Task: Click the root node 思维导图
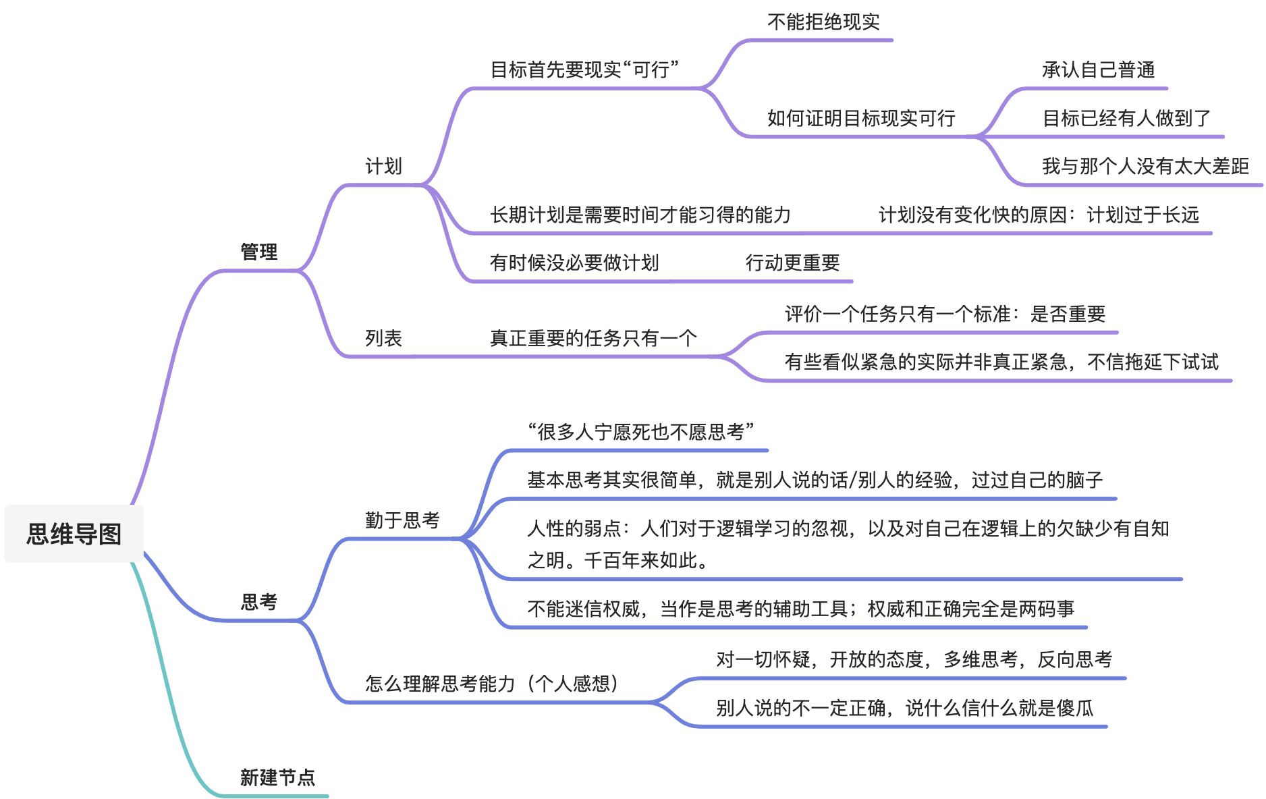74,534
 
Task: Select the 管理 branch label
259,252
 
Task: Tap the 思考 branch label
259,601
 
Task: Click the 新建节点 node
277,777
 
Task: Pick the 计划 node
383,166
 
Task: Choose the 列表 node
383,337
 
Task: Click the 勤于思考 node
402,520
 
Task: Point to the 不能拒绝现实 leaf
823,22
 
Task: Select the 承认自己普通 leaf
1098,70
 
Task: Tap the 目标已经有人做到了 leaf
1126,118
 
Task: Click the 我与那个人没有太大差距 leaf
1145,166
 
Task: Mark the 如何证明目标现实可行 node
861,118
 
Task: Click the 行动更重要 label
792,263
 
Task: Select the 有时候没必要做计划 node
574,263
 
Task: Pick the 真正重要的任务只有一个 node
593,337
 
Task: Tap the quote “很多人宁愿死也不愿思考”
640,432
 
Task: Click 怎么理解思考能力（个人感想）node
492,684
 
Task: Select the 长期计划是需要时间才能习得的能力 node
640,215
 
